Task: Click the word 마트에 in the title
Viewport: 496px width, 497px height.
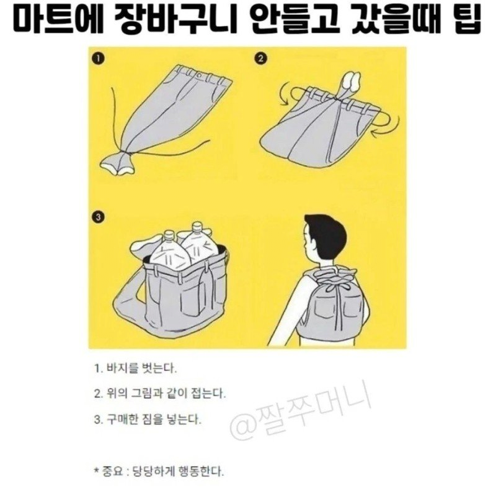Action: (55, 22)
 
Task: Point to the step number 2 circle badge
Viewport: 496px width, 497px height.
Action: (260, 60)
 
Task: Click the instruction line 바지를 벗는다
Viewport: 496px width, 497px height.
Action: (135, 368)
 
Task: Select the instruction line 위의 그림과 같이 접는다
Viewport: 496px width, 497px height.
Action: (159, 393)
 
